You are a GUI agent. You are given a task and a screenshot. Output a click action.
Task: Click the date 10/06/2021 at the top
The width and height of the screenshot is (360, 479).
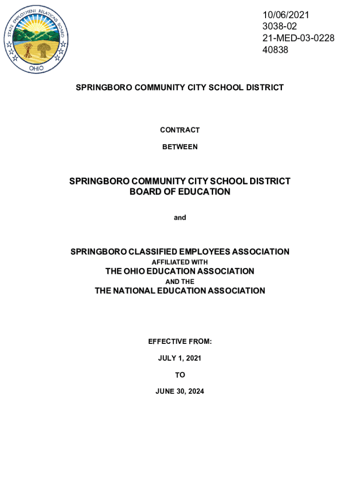(285, 15)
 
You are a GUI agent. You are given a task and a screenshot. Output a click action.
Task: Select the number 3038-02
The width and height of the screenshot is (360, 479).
(279, 27)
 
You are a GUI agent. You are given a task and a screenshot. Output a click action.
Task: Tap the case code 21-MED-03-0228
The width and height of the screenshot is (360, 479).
(298, 38)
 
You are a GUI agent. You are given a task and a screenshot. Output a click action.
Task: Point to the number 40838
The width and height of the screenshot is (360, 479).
(275, 49)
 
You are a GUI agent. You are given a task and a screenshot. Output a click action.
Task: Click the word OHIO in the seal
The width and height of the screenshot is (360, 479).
(36, 68)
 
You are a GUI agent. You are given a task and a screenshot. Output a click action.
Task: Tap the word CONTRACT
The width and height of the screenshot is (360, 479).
(180, 130)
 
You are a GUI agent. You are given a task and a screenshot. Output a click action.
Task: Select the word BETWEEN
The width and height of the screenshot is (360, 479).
(180, 147)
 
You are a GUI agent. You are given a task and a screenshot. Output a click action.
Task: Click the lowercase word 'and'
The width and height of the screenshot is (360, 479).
(180, 218)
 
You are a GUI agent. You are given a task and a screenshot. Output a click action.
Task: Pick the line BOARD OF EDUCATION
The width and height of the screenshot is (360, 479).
(180, 192)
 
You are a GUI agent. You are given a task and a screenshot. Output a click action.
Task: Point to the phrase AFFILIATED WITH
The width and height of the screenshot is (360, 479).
(180, 262)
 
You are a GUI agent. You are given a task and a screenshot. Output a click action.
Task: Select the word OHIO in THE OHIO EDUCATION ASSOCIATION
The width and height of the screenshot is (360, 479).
(136, 271)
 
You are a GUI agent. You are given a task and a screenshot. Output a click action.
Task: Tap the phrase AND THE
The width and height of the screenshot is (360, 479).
(180, 282)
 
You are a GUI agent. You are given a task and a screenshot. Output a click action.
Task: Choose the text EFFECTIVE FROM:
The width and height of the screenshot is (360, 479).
(180, 342)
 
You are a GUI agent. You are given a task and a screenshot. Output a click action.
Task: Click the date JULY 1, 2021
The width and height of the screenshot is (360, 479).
(180, 358)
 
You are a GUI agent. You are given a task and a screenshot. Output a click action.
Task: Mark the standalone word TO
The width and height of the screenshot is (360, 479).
(180, 375)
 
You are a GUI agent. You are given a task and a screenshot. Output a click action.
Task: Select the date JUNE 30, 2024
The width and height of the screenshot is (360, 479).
(180, 392)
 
